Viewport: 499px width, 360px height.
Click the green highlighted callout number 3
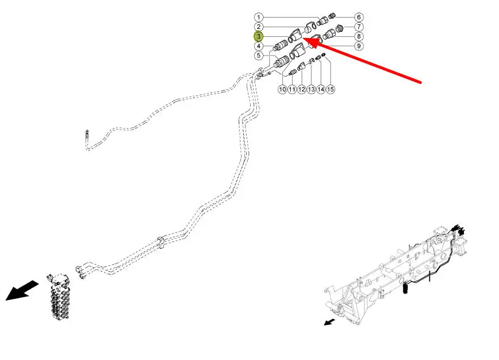pos(258,36)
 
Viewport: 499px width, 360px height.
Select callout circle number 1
pos(258,17)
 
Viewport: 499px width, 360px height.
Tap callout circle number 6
pos(359,17)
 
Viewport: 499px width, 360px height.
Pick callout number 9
pos(359,46)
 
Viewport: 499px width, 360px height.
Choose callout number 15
pos(331,89)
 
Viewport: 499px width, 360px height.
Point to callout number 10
pos(282,89)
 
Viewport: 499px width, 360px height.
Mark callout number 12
pos(302,89)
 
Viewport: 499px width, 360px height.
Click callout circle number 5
pos(258,56)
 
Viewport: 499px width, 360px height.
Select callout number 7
pos(359,27)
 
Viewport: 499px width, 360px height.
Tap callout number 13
pos(311,89)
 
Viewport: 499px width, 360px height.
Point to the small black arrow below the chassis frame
pos(329,322)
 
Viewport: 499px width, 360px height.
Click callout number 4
pos(258,46)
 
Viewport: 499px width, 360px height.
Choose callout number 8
pos(359,36)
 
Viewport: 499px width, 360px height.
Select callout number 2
pos(258,27)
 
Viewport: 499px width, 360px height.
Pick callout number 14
pos(321,89)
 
